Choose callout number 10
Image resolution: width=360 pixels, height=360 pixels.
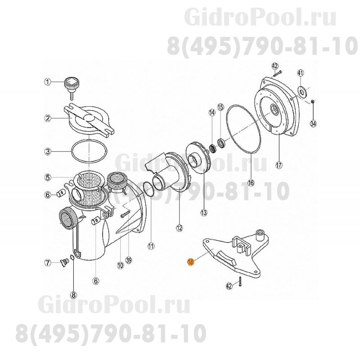(x=120, y=265)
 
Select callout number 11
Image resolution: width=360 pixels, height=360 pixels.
(x=151, y=246)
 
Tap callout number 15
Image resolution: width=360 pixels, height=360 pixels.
(x=220, y=107)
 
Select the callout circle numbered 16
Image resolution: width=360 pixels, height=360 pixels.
(x=251, y=183)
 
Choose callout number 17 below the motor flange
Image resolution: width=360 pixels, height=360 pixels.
(x=279, y=165)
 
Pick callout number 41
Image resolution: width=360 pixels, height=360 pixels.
(x=301, y=73)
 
